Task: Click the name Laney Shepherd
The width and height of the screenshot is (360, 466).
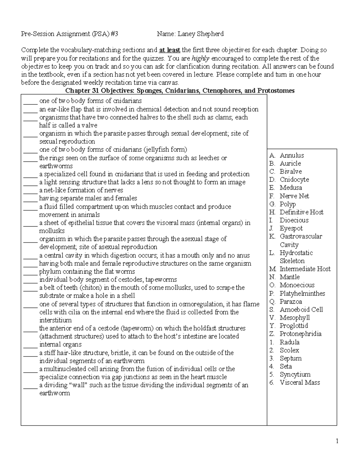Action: click(x=200, y=34)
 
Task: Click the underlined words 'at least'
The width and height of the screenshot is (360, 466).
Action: click(x=170, y=50)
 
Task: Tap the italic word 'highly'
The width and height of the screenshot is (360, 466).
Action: click(x=200, y=58)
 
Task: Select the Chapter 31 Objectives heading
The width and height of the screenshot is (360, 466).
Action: click(x=180, y=91)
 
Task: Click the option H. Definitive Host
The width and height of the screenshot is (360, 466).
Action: click(x=296, y=212)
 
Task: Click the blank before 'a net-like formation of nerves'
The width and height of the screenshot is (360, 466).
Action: click(x=30, y=191)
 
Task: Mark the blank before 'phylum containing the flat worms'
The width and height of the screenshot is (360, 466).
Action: click(x=30, y=272)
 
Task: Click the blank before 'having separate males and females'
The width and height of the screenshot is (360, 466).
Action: click(x=30, y=199)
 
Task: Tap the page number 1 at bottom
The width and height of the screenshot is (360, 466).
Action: click(x=337, y=441)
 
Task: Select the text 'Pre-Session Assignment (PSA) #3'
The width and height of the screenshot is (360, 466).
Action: click(x=69, y=34)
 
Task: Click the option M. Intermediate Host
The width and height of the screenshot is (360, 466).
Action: click(x=300, y=269)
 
